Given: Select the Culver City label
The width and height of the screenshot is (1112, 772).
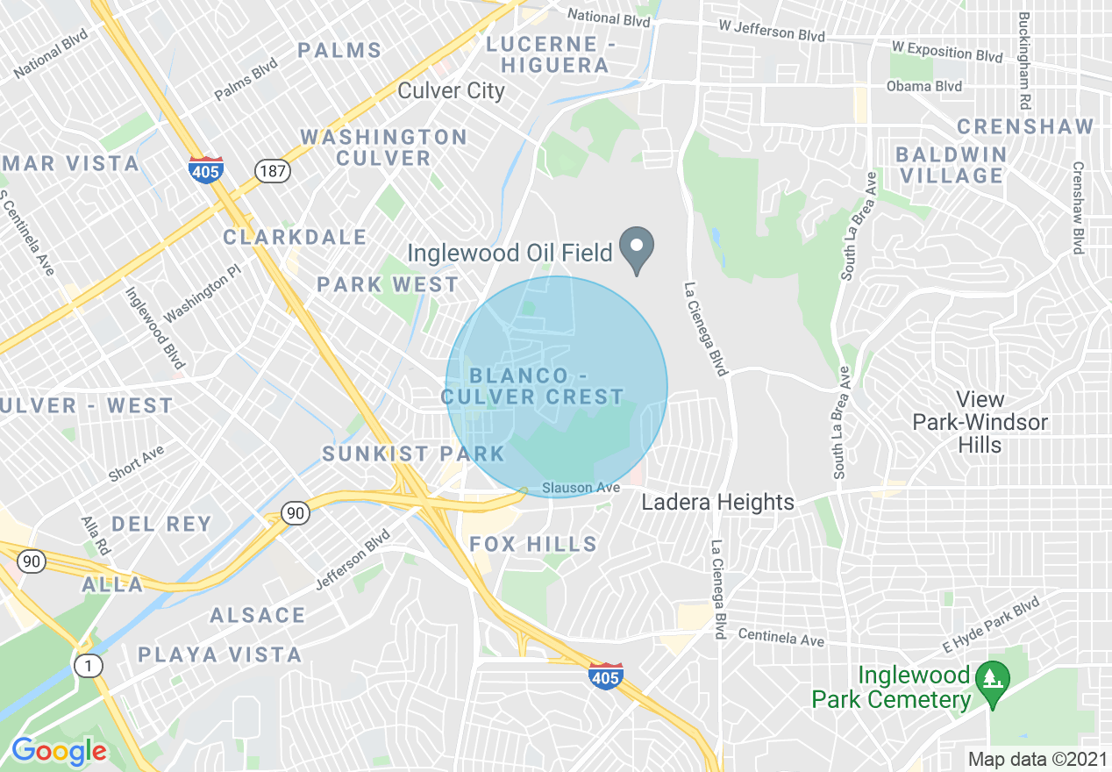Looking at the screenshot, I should pyautogui.click(x=451, y=90).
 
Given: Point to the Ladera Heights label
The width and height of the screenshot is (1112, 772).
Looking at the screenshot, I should pyautogui.click(x=717, y=502).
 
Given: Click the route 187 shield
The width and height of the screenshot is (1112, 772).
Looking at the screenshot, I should pyautogui.click(x=273, y=170).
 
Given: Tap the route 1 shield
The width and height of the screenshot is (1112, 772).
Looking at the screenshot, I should pyautogui.click(x=88, y=666).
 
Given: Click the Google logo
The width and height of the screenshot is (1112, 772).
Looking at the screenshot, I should pyautogui.click(x=59, y=751).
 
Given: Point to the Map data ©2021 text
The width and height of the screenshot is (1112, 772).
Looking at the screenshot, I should pyautogui.click(x=1036, y=759).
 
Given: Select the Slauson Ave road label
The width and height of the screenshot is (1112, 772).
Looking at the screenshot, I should pyautogui.click(x=581, y=487).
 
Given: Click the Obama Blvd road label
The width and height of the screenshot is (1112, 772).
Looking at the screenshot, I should pyautogui.click(x=923, y=86).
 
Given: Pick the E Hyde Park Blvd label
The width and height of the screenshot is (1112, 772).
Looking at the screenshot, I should pyautogui.click(x=991, y=624).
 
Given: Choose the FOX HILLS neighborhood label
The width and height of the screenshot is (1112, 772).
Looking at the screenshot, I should pyautogui.click(x=533, y=544).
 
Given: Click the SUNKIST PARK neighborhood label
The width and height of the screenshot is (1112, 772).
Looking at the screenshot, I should pyautogui.click(x=413, y=454).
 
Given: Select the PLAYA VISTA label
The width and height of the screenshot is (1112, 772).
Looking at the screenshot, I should pyautogui.click(x=219, y=654).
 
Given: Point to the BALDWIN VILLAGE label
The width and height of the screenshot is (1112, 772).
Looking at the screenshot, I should pyautogui.click(x=950, y=165).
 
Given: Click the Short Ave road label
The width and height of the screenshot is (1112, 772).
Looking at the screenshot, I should pyautogui.click(x=136, y=463).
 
